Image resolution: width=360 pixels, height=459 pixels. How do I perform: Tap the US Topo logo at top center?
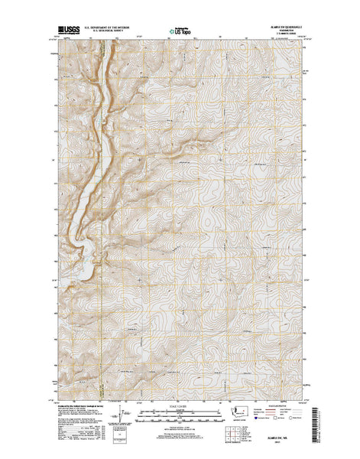(180, 32)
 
